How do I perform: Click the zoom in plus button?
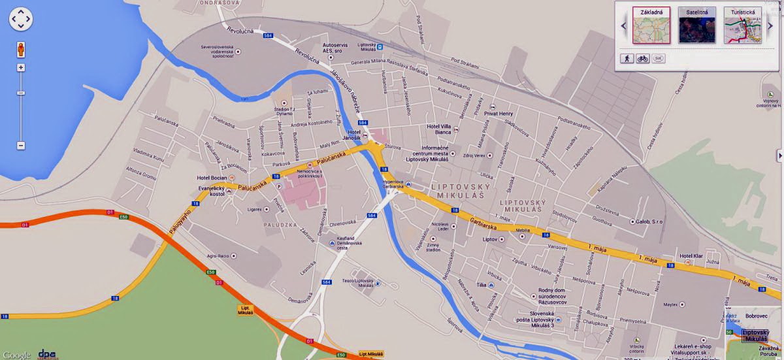(x=21, y=68)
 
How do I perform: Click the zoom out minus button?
(x=21, y=145)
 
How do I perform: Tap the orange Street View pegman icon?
(x=21, y=50)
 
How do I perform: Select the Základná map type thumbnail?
(x=651, y=25)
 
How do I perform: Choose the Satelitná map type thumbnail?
(x=696, y=25)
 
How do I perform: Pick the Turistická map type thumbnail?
(x=742, y=25)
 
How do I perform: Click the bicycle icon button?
(x=643, y=58)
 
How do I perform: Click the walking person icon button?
(x=627, y=58)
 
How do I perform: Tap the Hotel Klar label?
(x=690, y=255)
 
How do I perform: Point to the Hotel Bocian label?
(x=212, y=178)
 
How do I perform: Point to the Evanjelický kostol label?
(x=212, y=191)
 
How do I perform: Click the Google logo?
(x=16, y=355)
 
